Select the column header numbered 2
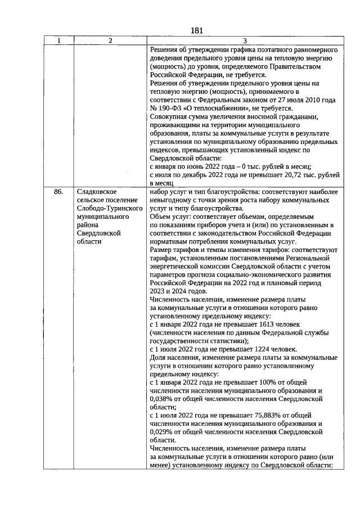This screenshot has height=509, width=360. (110, 40)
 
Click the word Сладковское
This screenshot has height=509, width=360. (96, 192)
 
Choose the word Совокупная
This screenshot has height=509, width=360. (171, 116)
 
